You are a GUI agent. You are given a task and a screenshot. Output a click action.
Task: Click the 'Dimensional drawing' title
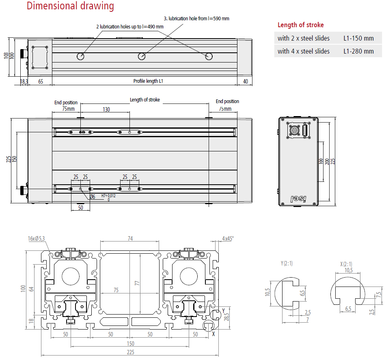tap(70, 6)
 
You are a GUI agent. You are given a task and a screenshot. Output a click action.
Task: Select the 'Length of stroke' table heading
tap(300, 25)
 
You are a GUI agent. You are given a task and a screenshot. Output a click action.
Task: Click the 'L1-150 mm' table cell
tap(358, 39)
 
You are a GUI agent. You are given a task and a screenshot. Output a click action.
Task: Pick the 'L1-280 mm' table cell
tap(358, 51)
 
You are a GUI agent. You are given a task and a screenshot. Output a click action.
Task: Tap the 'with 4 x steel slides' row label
tap(304, 51)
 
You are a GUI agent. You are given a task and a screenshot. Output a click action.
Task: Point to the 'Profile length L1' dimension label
tap(148, 81)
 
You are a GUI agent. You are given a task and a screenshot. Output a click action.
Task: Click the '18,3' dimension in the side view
tap(24, 82)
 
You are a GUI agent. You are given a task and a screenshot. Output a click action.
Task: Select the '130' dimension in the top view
tap(106, 110)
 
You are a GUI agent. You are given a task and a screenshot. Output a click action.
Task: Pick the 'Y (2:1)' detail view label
tap(287, 263)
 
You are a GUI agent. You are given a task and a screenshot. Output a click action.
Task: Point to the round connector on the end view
tap(295, 131)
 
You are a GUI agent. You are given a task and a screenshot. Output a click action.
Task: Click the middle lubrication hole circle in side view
tap(141, 56)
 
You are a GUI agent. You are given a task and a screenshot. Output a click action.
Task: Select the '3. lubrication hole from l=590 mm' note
tap(196, 18)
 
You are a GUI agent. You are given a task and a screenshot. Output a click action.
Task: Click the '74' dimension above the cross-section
tap(130, 239)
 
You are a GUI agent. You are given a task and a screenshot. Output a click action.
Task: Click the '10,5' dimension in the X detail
tap(349, 270)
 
